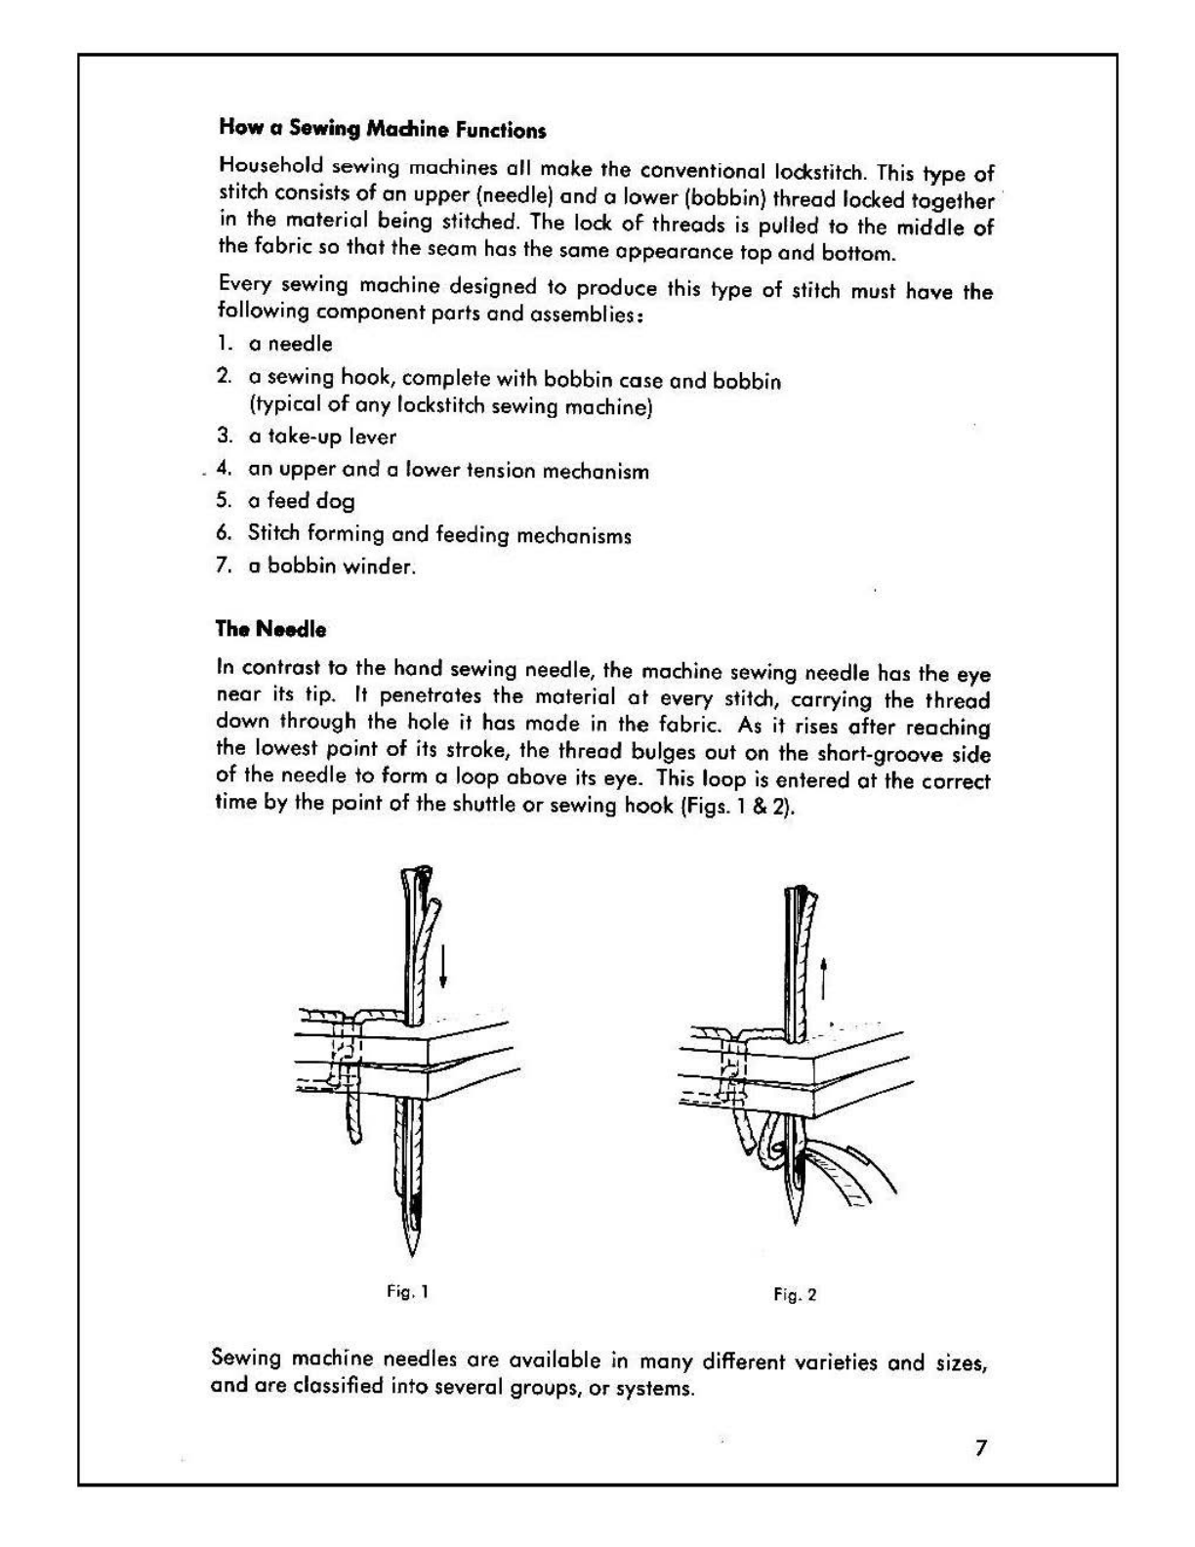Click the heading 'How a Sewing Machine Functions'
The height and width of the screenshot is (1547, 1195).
tap(382, 129)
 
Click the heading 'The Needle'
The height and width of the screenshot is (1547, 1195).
tap(270, 629)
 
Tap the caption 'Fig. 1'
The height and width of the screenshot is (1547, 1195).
tap(408, 1291)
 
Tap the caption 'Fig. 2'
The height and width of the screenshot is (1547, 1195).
tap(795, 1294)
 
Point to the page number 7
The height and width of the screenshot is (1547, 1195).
tap(981, 1447)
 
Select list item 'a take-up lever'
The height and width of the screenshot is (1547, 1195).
tap(322, 437)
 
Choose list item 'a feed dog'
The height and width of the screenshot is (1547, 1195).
tap(301, 501)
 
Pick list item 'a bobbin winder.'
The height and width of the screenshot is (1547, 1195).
tap(332, 565)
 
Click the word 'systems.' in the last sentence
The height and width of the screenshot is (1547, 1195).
tap(655, 1388)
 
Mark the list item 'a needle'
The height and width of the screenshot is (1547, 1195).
tap(290, 344)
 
